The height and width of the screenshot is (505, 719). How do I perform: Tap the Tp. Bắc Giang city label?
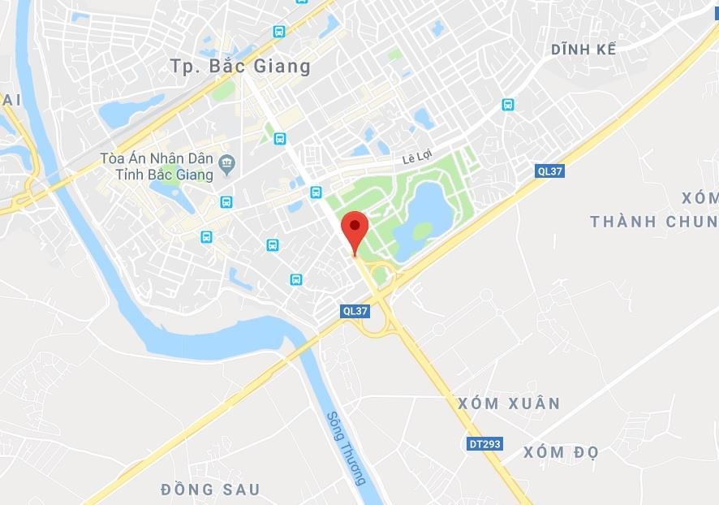[x=241, y=67]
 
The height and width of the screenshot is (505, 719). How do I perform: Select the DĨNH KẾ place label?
[x=583, y=50]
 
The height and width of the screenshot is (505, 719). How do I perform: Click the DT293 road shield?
[x=485, y=444]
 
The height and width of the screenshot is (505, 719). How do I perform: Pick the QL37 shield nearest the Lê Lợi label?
[x=550, y=170]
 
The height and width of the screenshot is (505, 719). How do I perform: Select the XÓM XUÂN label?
[x=509, y=404]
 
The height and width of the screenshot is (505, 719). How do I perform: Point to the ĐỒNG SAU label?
[x=210, y=489]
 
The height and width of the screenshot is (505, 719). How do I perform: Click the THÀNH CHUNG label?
[x=654, y=222]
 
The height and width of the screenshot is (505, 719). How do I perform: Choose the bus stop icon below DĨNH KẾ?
[x=508, y=105]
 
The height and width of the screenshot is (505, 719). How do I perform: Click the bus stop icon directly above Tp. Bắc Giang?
[x=279, y=32]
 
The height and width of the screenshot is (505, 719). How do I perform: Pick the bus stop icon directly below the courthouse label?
[x=226, y=201]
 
